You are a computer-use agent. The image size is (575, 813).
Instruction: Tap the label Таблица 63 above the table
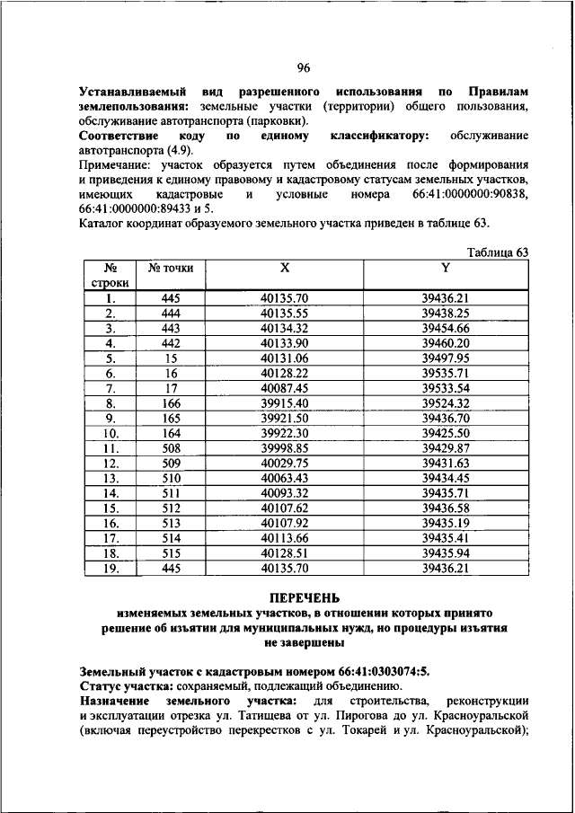pyautogui.click(x=498, y=252)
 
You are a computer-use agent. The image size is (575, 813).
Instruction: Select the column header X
pyautogui.click(x=284, y=267)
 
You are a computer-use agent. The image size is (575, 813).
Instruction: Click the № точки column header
pyautogui.click(x=171, y=268)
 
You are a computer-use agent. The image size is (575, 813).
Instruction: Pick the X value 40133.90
pyautogui.click(x=284, y=342)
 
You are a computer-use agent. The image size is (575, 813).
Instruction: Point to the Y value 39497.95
pyautogui.click(x=446, y=358)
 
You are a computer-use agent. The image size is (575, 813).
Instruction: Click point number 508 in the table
pyautogui.click(x=171, y=447)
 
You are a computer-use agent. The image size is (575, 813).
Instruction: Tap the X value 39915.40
pyautogui.click(x=284, y=402)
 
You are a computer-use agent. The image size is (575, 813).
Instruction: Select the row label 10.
pyautogui.click(x=111, y=433)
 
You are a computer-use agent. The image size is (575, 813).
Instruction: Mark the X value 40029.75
pyautogui.click(x=284, y=463)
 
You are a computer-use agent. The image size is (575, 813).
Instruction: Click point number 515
pyautogui.click(x=171, y=553)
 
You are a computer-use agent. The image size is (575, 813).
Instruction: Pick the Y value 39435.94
pyautogui.click(x=446, y=553)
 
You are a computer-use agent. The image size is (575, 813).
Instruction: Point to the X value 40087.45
pyautogui.click(x=284, y=388)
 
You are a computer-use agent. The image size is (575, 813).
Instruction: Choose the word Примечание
pyautogui.click(x=114, y=165)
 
